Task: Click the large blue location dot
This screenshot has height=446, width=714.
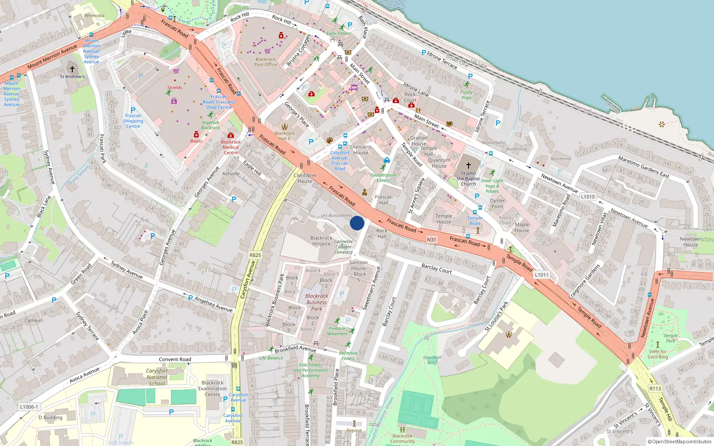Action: click(357, 223)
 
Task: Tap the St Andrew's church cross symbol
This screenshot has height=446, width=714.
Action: click(72, 69)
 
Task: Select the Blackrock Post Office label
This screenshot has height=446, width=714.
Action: click(266, 62)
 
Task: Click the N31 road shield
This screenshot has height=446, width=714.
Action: click(432, 240)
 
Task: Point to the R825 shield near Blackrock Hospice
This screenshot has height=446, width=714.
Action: click(255, 255)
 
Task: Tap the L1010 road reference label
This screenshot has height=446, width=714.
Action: click(588, 197)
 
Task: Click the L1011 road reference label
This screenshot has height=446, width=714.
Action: click(541, 275)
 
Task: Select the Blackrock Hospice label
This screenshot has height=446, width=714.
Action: click(321, 241)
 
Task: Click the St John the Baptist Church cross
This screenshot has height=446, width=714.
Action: click(469, 165)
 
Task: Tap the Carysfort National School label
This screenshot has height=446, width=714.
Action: click(157, 377)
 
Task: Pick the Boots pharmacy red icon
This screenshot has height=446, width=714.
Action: click(196, 134)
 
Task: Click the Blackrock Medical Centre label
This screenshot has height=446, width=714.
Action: click(231, 147)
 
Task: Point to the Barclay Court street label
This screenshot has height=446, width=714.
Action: click(436, 269)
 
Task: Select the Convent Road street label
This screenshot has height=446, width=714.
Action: click(175, 359)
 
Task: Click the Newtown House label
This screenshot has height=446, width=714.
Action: click(690, 242)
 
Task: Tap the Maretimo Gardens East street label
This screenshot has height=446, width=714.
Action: click(643, 167)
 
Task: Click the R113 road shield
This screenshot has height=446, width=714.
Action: click(655, 388)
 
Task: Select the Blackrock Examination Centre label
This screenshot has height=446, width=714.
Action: click(212, 388)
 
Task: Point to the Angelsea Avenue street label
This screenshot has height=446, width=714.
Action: click(213, 304)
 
